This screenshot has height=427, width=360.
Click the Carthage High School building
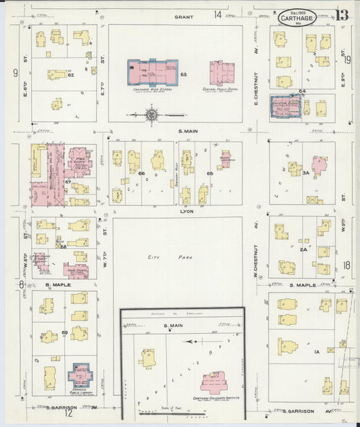point(153,72)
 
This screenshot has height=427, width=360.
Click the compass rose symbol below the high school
point(151,115)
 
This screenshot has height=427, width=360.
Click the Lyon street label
point(186,211)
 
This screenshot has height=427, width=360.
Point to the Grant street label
point(183,16)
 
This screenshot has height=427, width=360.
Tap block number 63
point(183,73)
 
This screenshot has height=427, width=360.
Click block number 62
point(70,75)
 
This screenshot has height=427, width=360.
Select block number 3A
point(305,172)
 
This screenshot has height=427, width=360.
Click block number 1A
point(315,352)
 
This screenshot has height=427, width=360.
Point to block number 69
point(65,333)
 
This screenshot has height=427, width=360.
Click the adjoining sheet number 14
point(217,14)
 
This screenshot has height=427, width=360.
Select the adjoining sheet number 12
point(68,413)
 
